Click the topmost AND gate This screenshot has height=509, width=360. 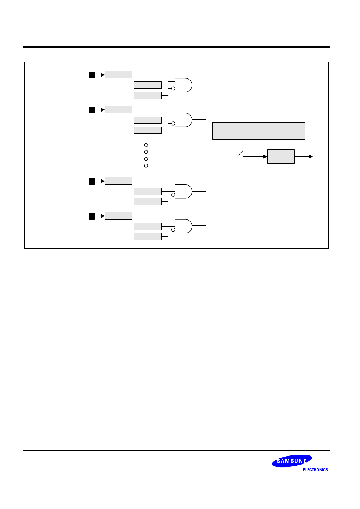pos(183,85)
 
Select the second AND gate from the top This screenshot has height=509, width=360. pos(183,120)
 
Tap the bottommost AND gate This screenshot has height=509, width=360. pos(183,226)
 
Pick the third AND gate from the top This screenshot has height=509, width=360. pos(183,192)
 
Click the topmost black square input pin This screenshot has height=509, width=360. pos(92,75)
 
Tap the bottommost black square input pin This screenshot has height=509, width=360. pos(92,216)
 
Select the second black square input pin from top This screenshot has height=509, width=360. pos(92,110)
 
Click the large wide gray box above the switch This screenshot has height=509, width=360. pos(258,131)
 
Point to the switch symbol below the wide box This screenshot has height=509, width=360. pos(240,154)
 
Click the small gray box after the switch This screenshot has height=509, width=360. pos(281,156)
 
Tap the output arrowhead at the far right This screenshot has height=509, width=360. pos(311,156)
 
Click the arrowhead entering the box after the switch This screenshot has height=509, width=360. pos(265,156)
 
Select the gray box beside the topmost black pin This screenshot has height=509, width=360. pos(118,75)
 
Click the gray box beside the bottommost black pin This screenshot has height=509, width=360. pos(118,216)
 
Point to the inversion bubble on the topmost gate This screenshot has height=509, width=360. pos(173,89)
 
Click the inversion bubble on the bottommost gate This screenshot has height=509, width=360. pos(173,230)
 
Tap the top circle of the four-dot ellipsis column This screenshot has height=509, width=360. pos(146,145)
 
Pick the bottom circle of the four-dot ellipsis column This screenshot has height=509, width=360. pos(146,166)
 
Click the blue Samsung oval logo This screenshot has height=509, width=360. pos(292,461)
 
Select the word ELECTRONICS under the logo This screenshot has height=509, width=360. pos(315,470)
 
